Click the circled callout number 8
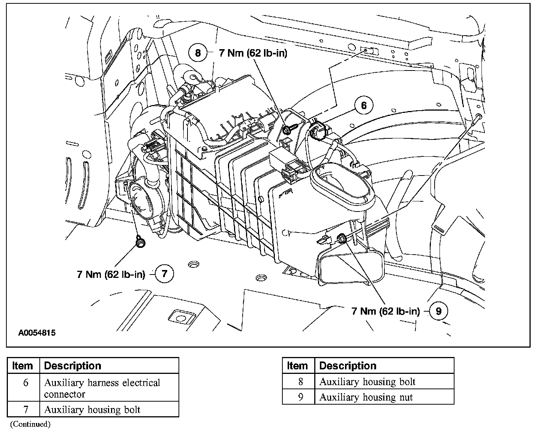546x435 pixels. [198, 53]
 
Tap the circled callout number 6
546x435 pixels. [363, 105]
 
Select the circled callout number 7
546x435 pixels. [164, 274]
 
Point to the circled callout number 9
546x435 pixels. [439, 310]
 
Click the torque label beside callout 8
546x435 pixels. [253, 53]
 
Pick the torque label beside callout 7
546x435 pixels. [111, 274]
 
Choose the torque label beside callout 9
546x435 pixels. [385, 311]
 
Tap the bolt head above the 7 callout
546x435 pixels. [140, 242]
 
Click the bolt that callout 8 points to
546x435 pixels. [288, 129]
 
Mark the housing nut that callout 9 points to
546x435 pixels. [341, 237]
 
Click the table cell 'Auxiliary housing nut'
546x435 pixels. [366, 397]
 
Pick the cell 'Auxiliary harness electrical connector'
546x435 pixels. [102, 388]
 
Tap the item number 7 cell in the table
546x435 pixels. [25, 409]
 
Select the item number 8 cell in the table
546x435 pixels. [300, 382]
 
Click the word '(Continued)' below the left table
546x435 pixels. [30, 424]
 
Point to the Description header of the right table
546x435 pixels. [347, 366]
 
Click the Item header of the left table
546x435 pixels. [22, 366]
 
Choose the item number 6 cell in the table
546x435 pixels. [25, 383]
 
